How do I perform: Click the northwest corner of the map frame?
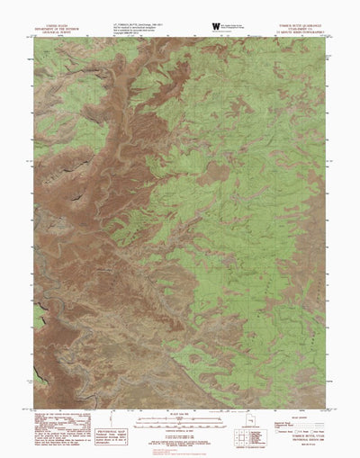pos(35,39)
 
